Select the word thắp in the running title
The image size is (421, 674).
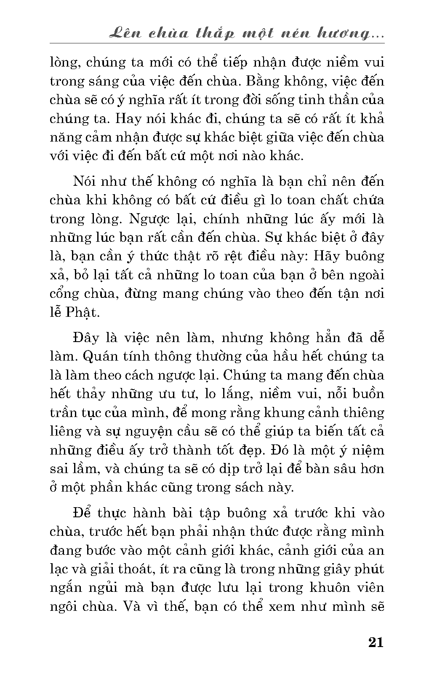[217, 34]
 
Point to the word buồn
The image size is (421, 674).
[368, 393]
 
